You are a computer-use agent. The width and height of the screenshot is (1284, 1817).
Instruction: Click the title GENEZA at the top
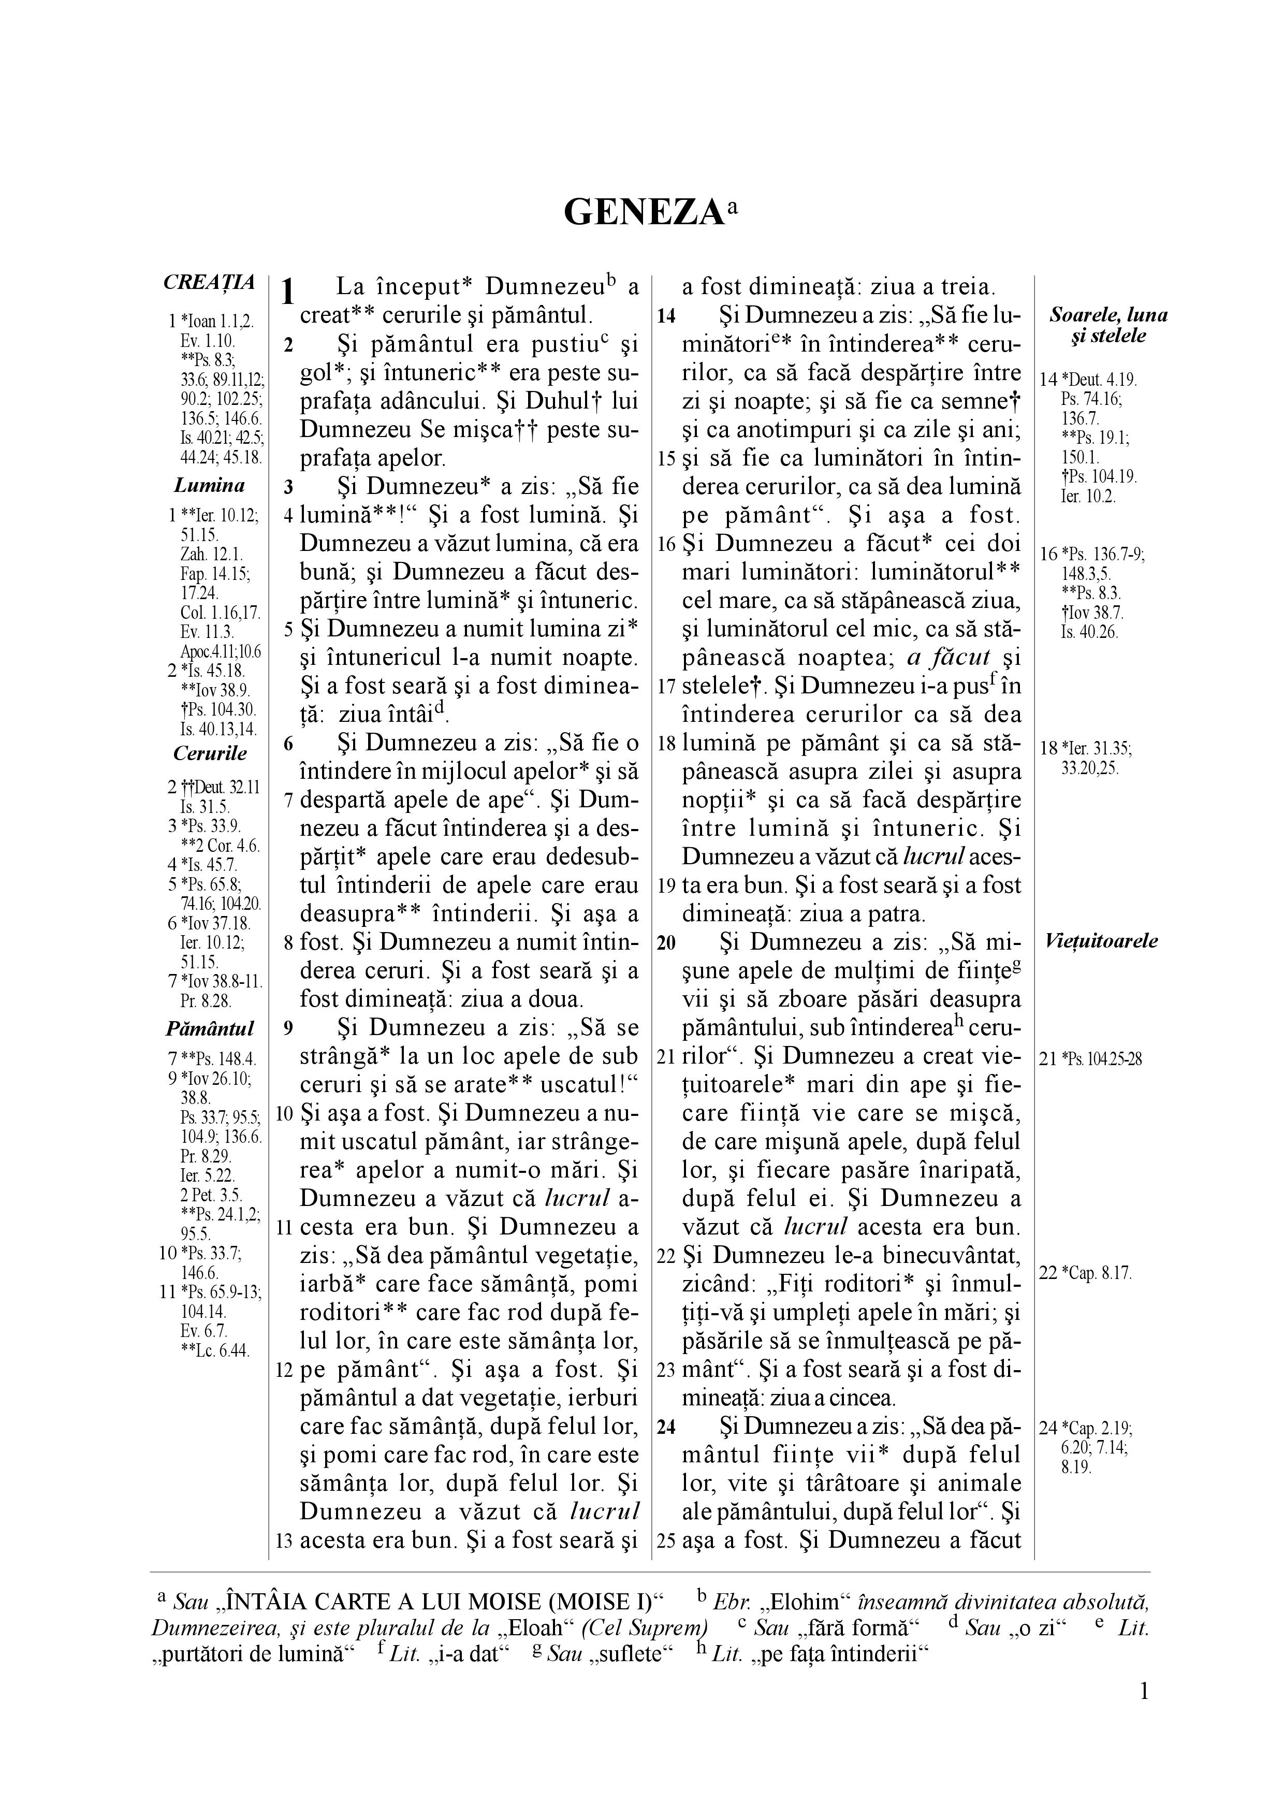coord(644,213)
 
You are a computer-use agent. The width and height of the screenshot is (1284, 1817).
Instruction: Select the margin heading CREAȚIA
coord(209,283)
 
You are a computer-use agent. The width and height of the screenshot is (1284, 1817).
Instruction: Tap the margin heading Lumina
coord(209,485)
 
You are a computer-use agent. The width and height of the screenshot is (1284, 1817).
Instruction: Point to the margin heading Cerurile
coord(210,753)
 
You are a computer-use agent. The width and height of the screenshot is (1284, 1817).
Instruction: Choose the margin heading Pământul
coord(210,1029)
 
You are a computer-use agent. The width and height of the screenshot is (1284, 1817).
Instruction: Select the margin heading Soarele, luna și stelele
coord(1107,325)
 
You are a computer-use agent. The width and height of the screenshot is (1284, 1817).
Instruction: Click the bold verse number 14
coord(666,316)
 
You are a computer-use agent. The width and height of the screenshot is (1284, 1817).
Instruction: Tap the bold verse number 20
coord(666,942)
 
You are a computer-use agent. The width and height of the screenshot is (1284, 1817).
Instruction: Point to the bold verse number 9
coord(289,1029)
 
